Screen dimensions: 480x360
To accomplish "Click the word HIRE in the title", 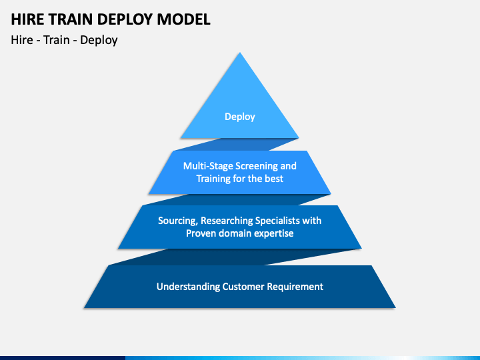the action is [x=27, y=19].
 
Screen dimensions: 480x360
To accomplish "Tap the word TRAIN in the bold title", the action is [x=71, y=19].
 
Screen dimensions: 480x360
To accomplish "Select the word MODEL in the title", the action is [x=184, y=19].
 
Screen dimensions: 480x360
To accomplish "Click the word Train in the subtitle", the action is [x=56, y=40].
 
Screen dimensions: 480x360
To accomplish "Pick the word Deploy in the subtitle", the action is [x=99, y=41].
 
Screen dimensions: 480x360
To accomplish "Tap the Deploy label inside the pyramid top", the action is [x=240, y=117].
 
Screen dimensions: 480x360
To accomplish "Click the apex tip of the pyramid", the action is [x=240, y=53].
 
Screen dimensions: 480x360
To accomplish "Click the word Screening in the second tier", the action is [x=257, y=167].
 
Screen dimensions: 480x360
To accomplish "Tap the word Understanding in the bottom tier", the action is [x=188, y=287].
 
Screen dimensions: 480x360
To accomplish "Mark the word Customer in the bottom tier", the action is [x=243, y=287].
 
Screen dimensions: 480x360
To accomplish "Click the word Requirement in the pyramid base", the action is [x=295, y=287].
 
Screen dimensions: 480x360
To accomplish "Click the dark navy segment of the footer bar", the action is [x=63, y=358].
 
